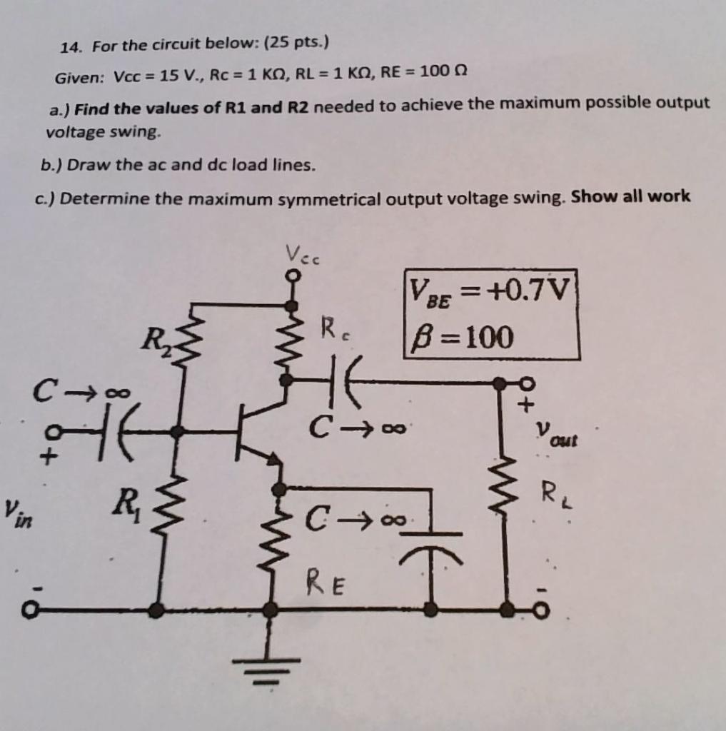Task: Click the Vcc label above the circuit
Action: click(303, 254)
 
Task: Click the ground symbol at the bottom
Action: click(269, 668)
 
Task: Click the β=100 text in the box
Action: click(461, 338)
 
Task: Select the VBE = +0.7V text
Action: click(492, 292)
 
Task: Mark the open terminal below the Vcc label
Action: click(291, 275)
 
